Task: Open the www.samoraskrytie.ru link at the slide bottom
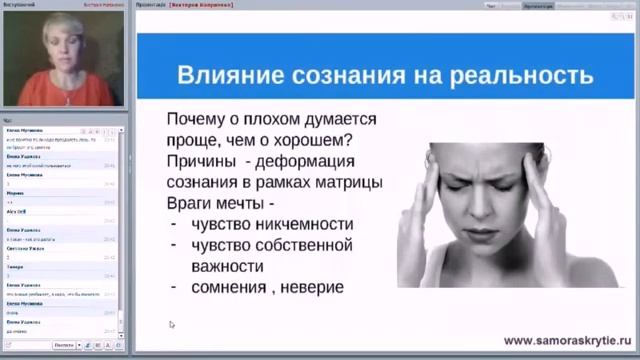pos(559,340)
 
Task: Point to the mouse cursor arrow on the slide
pos(172,324)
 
